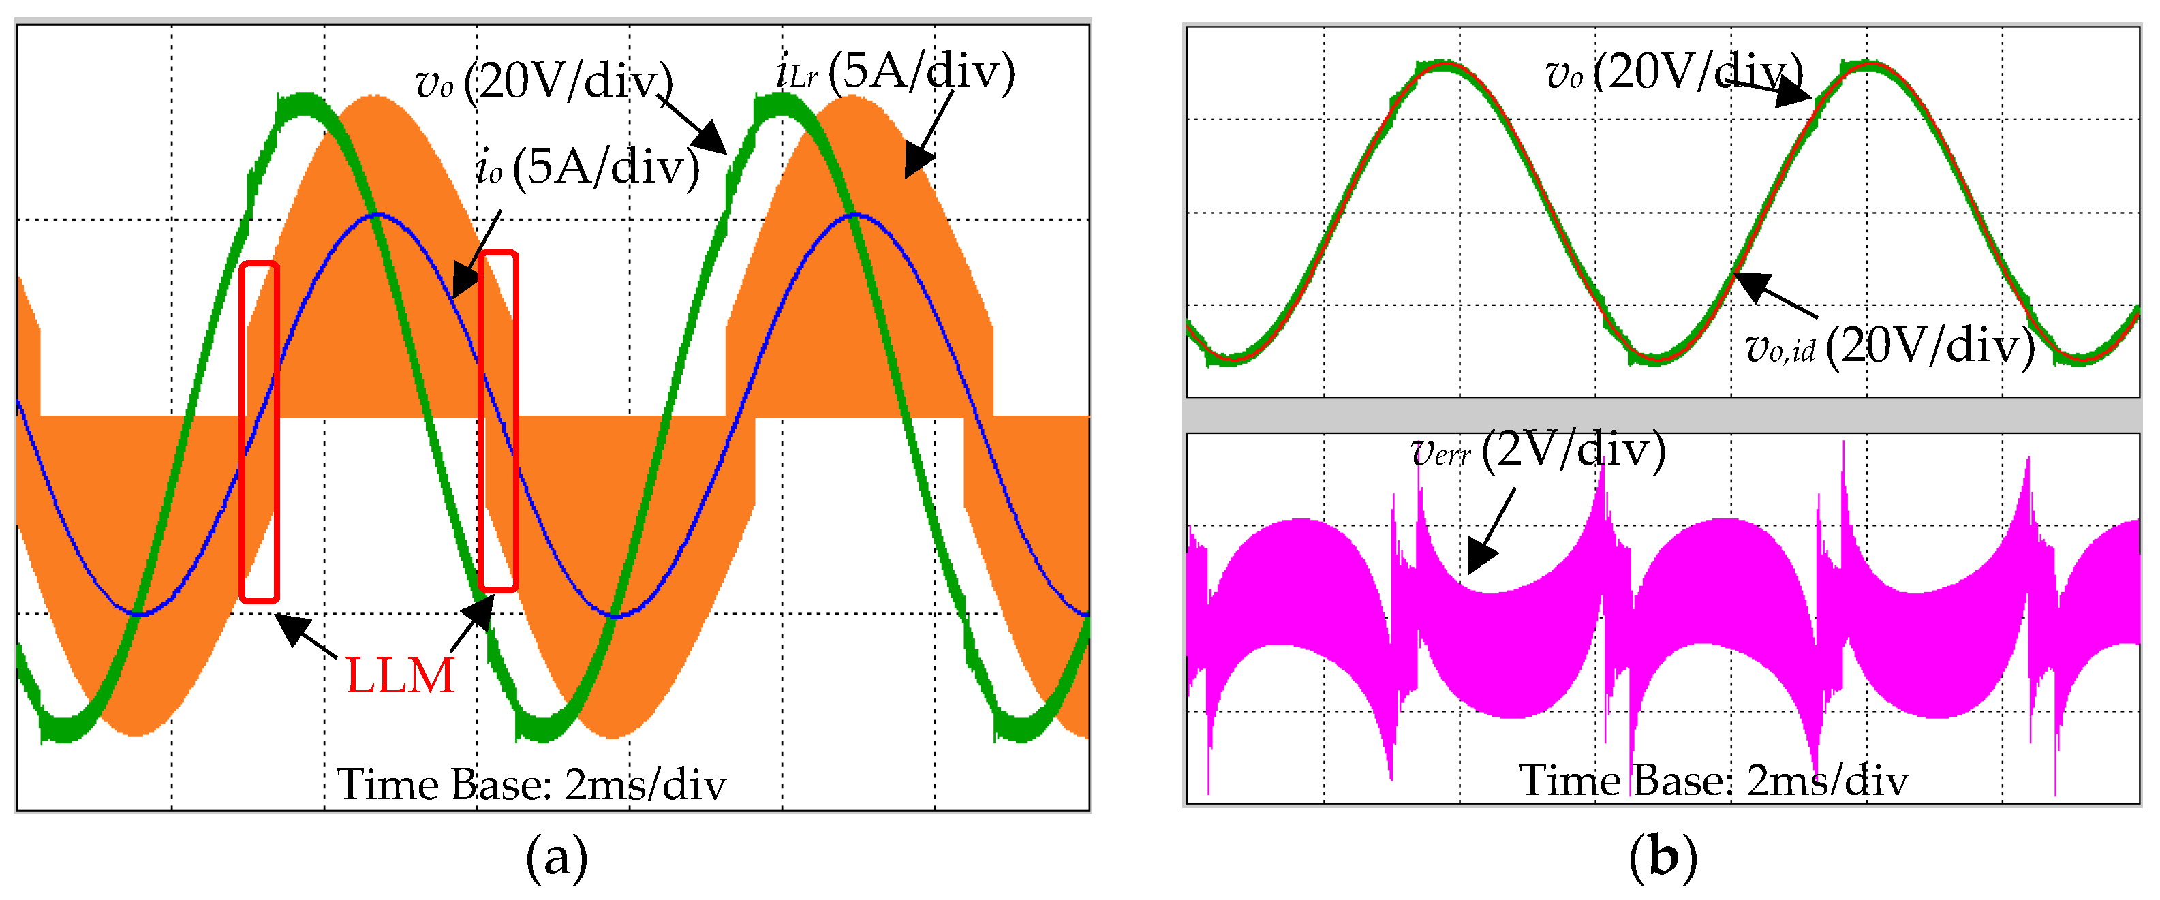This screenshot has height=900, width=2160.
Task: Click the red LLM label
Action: pyautogui.click(x=400, y=676)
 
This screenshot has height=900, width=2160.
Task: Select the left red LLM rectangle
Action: pyautogui.click(x=259, y=432)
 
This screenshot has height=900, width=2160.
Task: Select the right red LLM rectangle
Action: pyautogui.click(x=498, y=422)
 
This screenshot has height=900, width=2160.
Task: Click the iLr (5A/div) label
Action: pyautogui.click(x=895, y=72)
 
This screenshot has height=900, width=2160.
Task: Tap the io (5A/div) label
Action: pyautogui.click(x=587, y=167)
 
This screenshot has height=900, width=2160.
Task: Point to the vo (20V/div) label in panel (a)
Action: pyautogui.click(x=543, y=82)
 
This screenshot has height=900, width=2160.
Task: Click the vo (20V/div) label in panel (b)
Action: pyautogui.click(x=1673, y=72)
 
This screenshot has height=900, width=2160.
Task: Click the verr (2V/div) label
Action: pyautogui.click(x=1538, y=450)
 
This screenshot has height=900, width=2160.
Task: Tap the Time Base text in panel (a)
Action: pyautogui.click(x=531, y=785)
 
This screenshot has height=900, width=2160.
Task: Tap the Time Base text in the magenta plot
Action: pyautogui.click(x=1714, y=781)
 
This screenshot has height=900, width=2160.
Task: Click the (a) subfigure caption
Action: pyautogui.click(x=557, y=857)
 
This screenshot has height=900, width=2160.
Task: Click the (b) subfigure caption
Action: pyautogui.click(x=1663, y=857)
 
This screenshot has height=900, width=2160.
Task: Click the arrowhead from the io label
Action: pyautogui.click(x=465, y=280)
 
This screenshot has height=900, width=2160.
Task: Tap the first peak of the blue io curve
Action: pyautogui.click(x=379, y=215)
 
